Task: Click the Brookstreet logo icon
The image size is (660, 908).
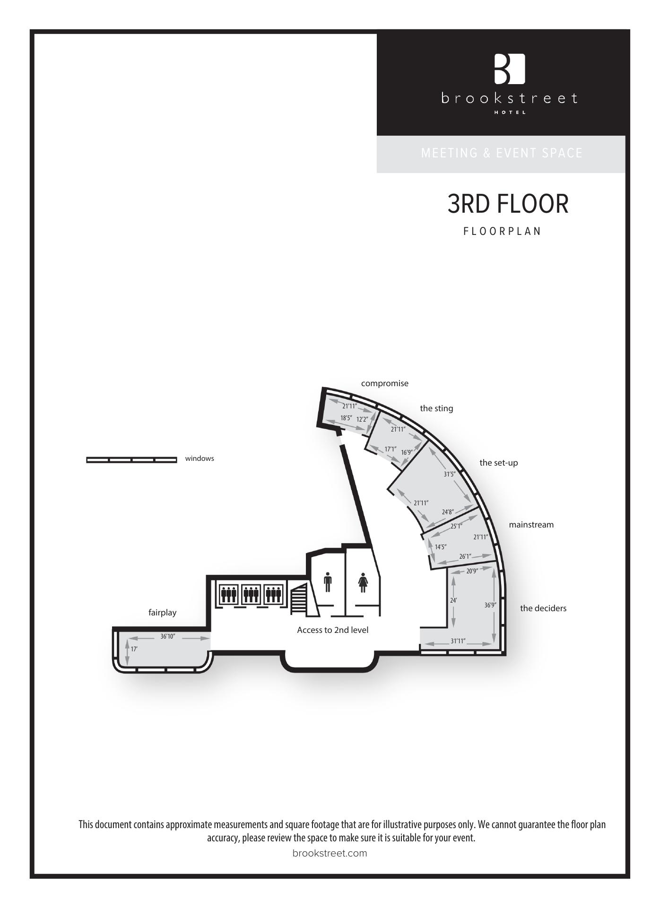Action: (510, 69)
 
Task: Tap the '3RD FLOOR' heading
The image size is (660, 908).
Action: (508, 204)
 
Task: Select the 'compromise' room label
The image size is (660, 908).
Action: (385, 383)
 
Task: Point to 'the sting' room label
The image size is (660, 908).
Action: (436, 408)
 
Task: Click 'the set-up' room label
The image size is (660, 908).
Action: (499, 463)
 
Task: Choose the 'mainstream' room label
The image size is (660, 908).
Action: (531, 525)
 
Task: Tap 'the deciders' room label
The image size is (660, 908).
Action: (543, 608)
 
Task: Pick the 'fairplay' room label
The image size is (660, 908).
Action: (162, 613)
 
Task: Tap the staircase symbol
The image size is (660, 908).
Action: (299, 599)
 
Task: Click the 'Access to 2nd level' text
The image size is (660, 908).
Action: (332, 630)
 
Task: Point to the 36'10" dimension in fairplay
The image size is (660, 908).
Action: (168, 637)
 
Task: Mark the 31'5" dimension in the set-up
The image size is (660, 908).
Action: (450, 474)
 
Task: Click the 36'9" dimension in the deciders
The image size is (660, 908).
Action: (490, 605)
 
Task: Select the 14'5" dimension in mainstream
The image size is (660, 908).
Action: (441, 547)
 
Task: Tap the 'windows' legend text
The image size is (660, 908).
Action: (200, 458)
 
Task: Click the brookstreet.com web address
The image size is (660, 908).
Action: (330, 853)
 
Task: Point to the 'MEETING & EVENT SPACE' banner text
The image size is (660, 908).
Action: (502, 153)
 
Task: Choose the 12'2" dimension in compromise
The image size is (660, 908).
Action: (362, 419)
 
